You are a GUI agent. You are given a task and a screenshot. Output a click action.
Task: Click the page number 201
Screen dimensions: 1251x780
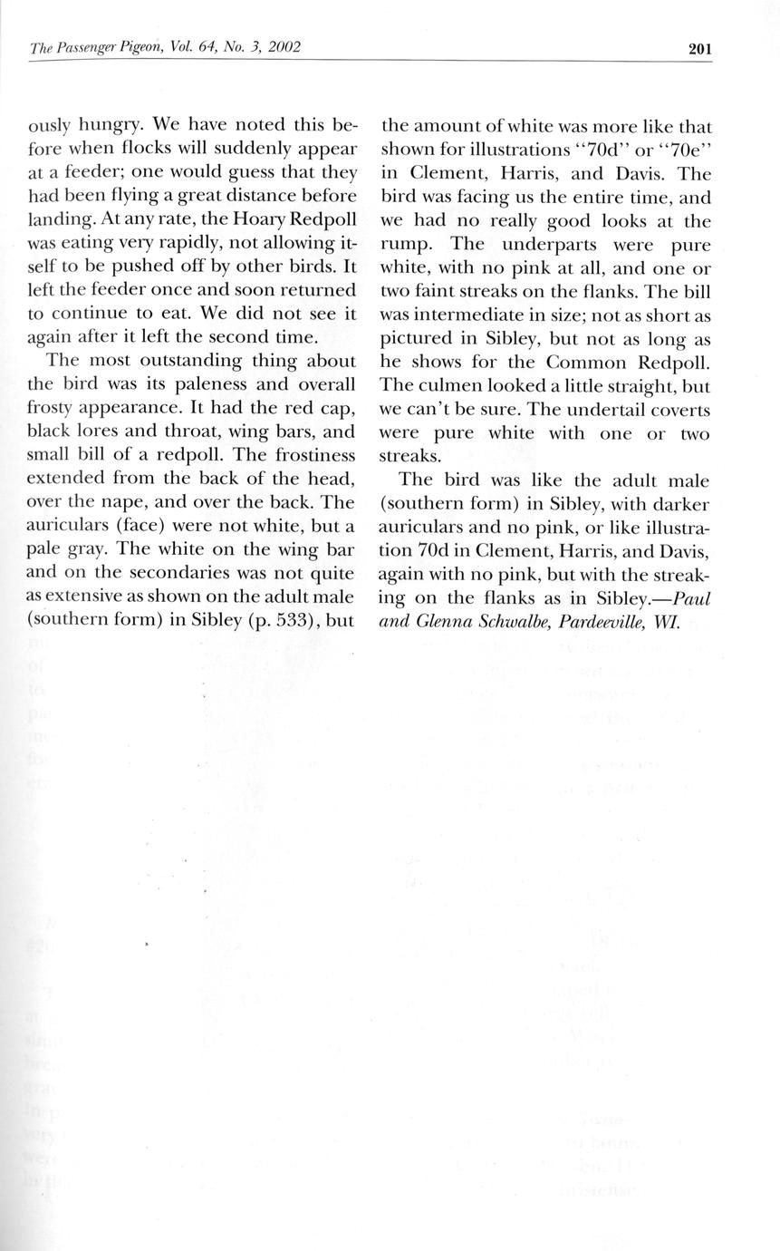(x=699, y=49)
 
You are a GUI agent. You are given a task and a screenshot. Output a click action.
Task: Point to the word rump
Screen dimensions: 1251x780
(x=408, y=245)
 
